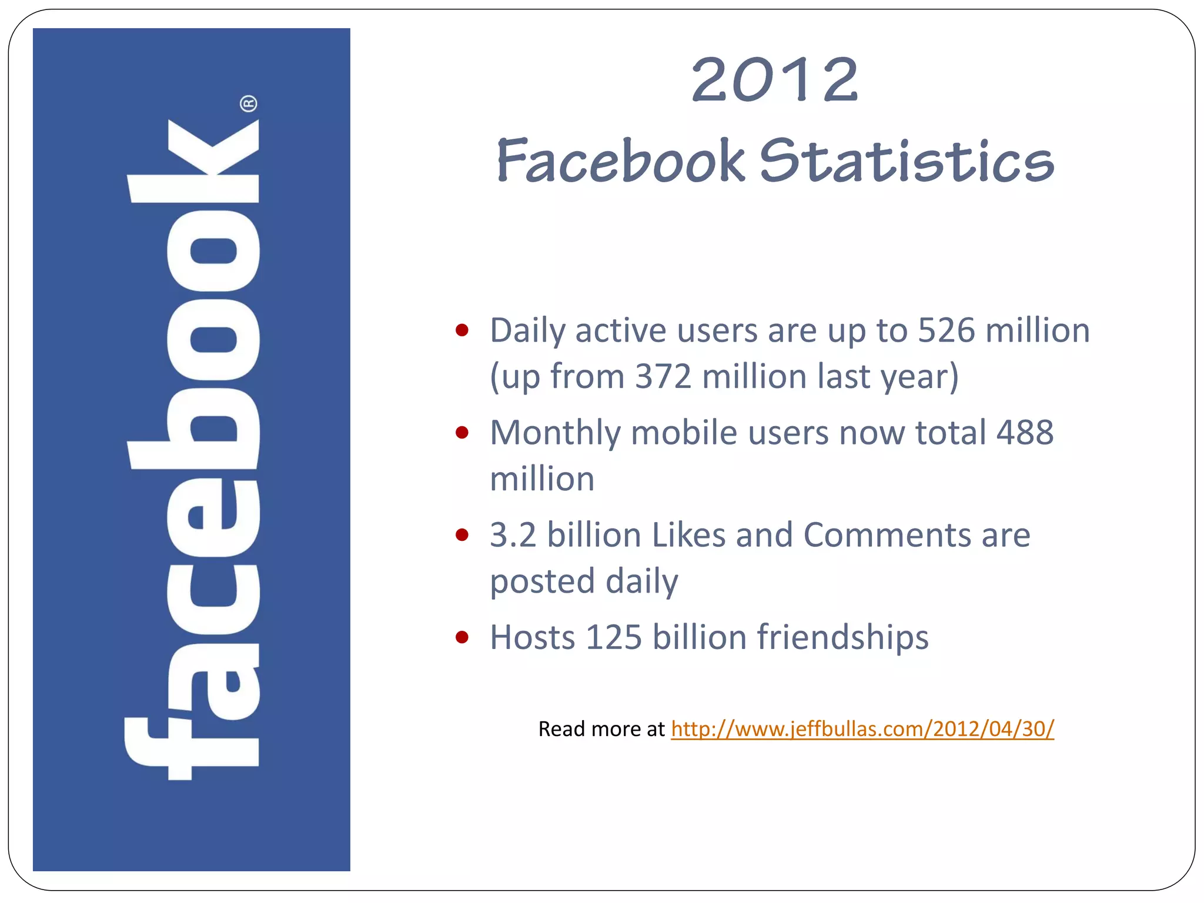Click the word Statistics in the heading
907,160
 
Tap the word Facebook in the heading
621,160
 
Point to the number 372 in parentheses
663,376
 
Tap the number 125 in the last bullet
614,637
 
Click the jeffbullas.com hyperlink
862,729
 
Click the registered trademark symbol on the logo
249,104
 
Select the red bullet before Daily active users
462,330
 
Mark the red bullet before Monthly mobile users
462,433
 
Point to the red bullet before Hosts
462,637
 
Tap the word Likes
688,535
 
